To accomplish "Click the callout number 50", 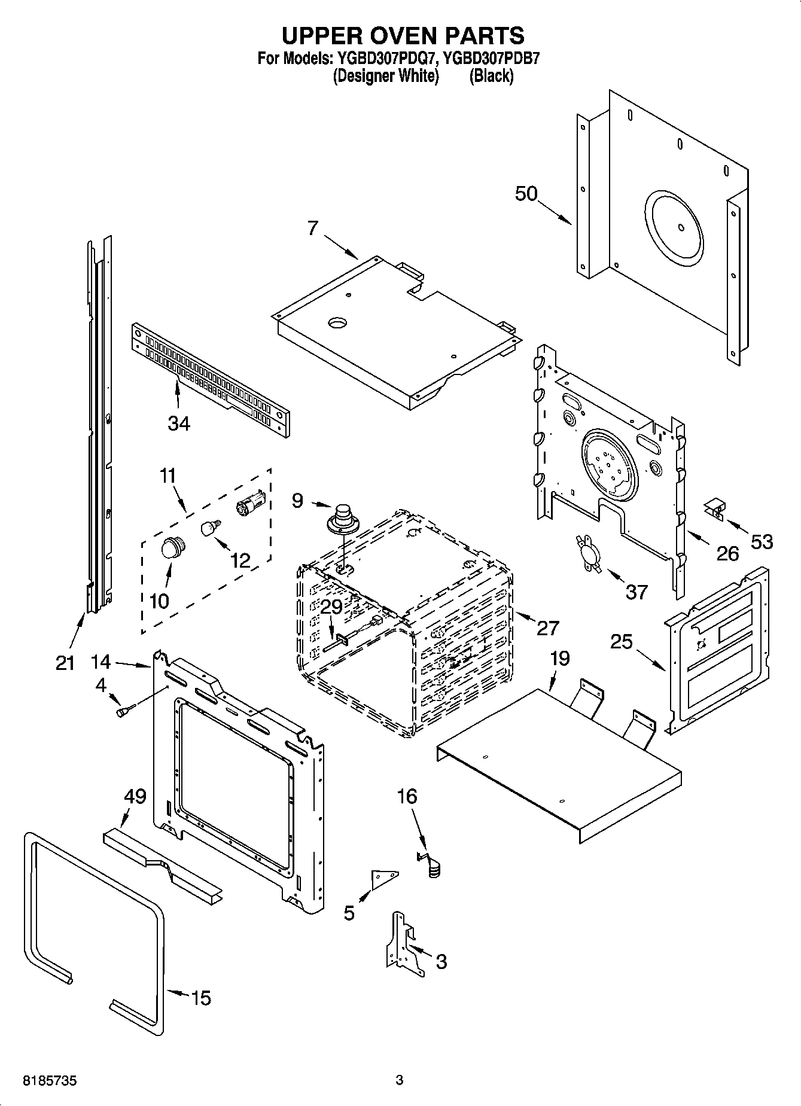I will tap(526, 194).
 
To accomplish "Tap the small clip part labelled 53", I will tap(714, 508).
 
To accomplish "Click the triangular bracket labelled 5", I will tap(383, 877).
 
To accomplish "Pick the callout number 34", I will tap(179, 423).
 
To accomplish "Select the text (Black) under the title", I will tap(491, 76).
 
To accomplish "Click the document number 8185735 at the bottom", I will tap(50, 1081).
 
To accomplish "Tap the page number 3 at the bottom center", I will tap(400, 1080).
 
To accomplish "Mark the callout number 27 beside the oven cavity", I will tap(547, 628).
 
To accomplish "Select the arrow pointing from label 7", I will tap(342, 246).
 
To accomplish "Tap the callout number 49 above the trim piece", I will tap(135, 796).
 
